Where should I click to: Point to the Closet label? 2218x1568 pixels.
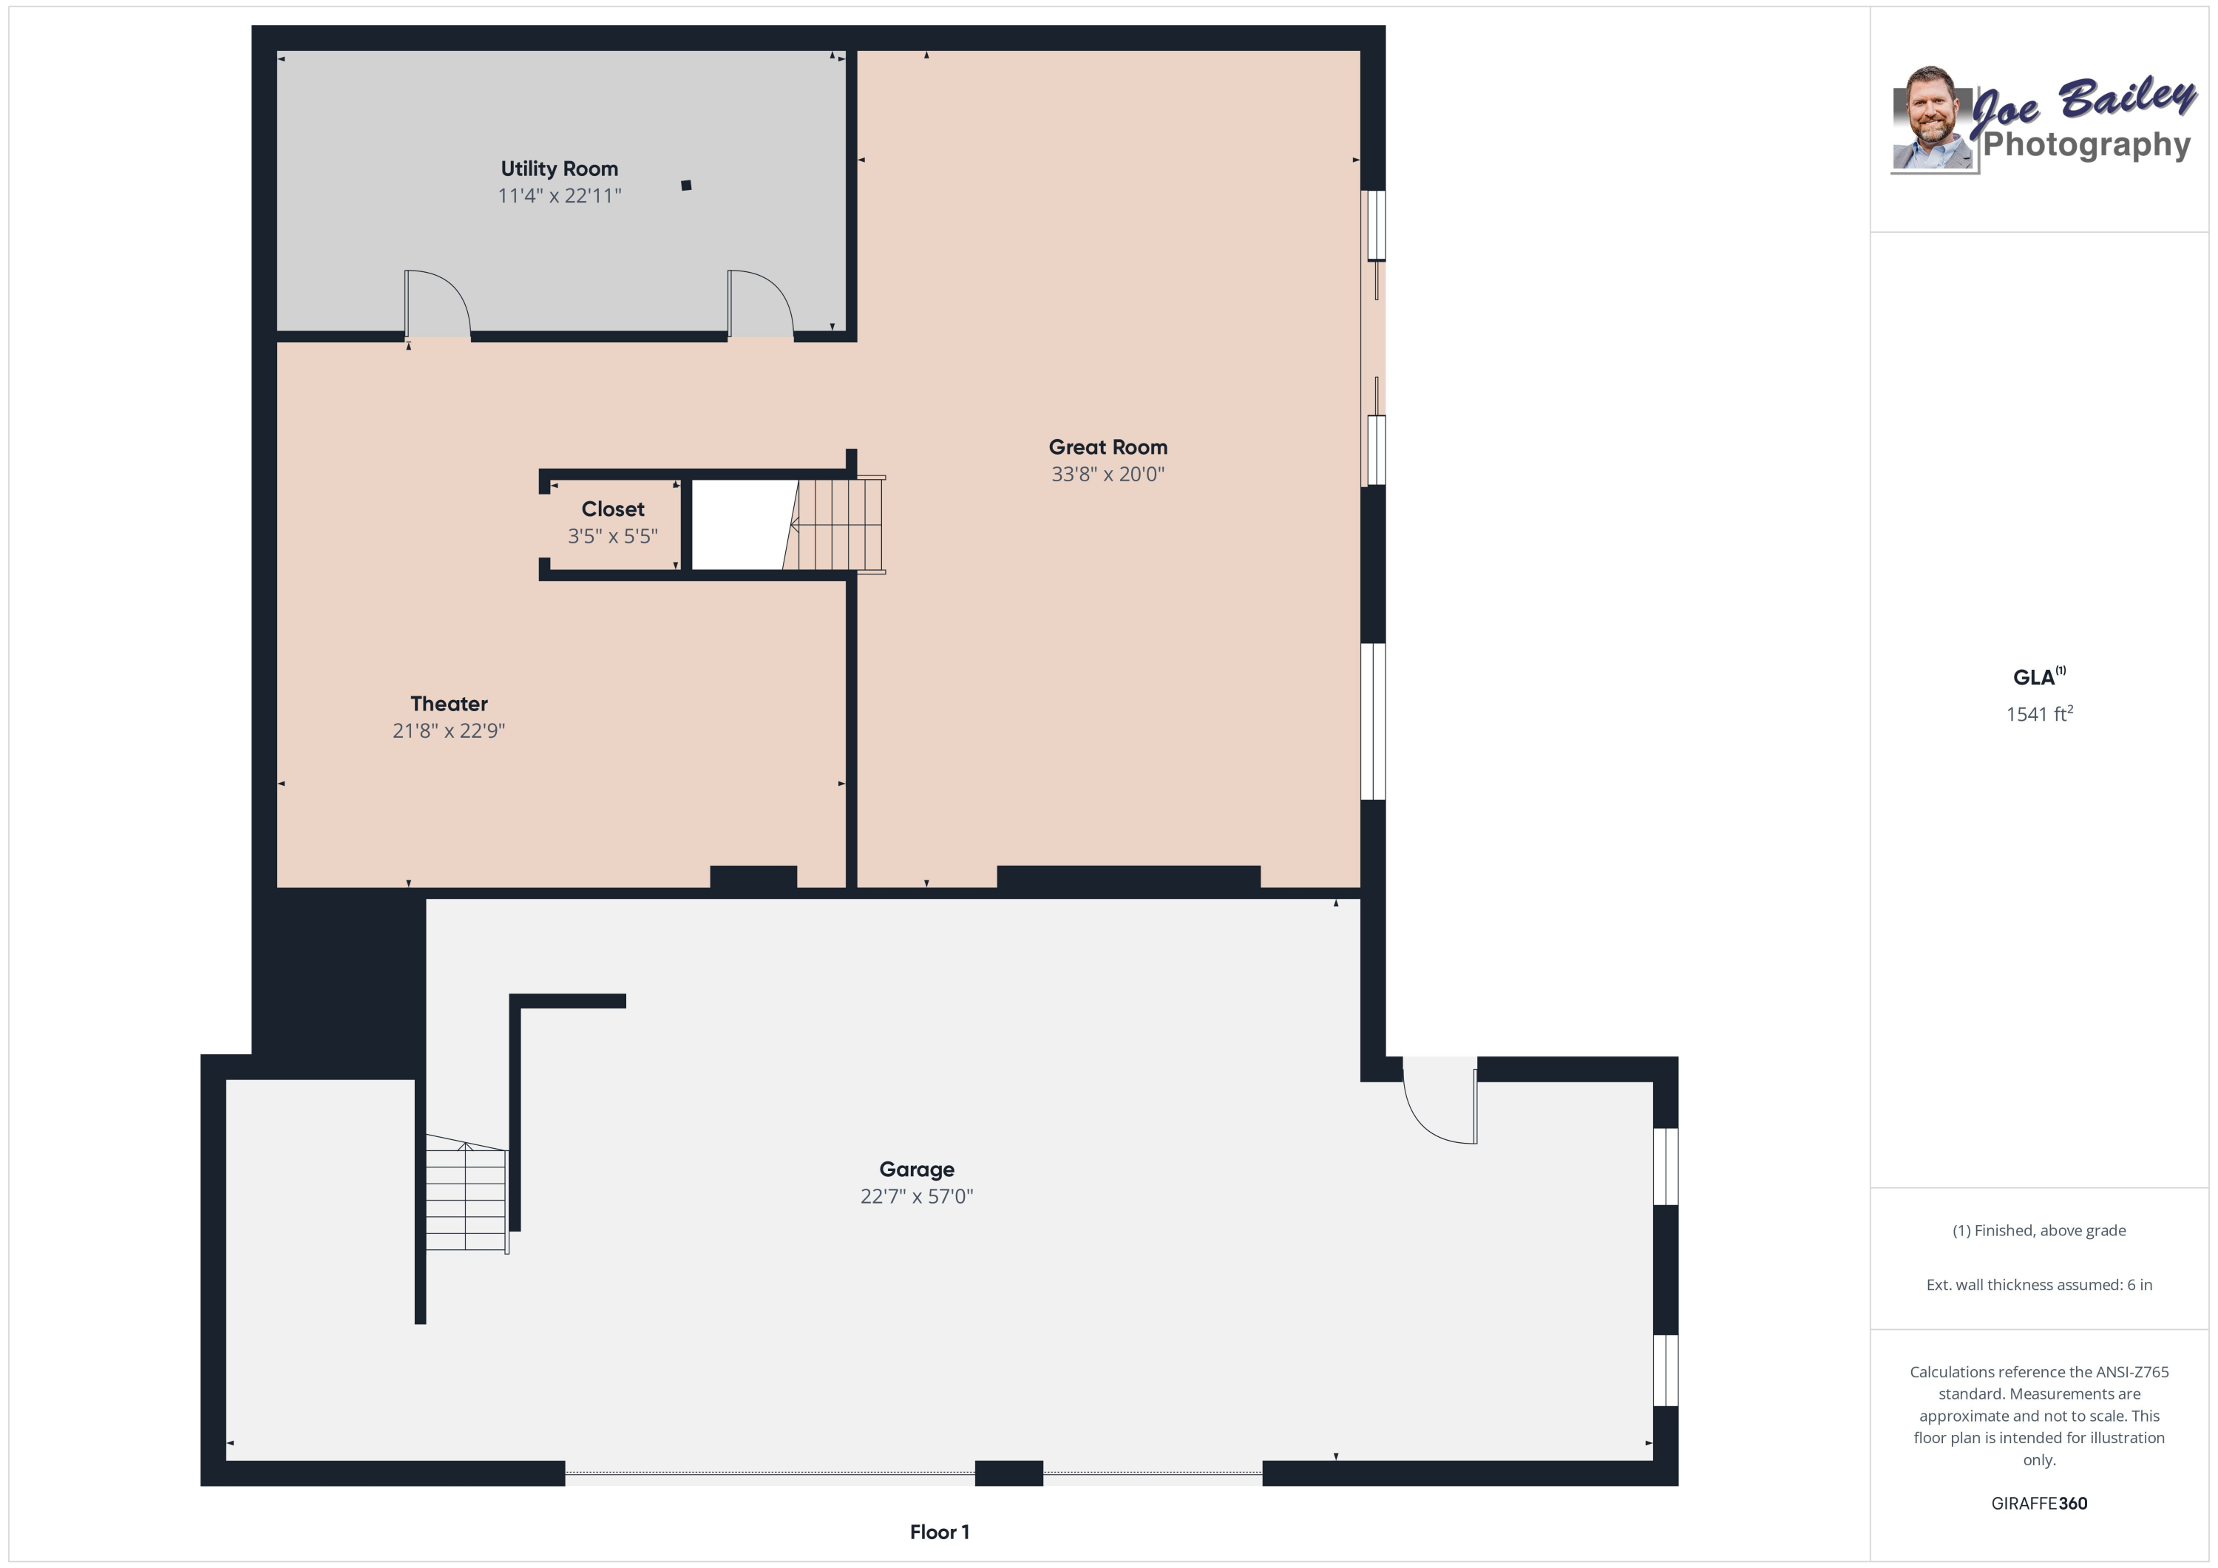click(612, 509)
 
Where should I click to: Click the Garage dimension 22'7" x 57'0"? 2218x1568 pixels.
click(916, 1196)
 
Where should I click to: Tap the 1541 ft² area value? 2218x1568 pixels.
click(2038, 714)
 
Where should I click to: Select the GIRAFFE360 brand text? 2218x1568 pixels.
click(2038, 1503)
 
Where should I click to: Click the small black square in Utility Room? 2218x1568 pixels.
click(686, 186)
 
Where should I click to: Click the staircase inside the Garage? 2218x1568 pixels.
click(466, 1196)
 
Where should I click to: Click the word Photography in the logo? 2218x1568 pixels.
click(2086, 145)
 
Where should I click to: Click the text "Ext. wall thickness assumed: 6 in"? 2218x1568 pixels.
click(2038, 1285)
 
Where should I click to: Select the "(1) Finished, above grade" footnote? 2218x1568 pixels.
click(2038, 1231)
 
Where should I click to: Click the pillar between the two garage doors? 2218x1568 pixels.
click(1008, 1473)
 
